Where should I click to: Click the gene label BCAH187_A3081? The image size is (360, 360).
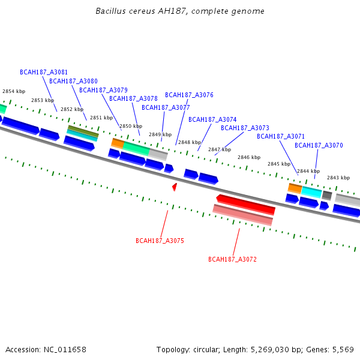coord(44,72)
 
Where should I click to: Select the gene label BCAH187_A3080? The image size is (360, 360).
coord(73,81)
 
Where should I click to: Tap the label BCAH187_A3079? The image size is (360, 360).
coord(103,90)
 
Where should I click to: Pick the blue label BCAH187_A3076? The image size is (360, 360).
coord(189,95)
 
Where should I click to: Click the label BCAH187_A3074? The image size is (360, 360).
coord(212,119)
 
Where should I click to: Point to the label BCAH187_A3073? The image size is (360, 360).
coord(245,128)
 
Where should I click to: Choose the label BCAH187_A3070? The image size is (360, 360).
coord(319,145)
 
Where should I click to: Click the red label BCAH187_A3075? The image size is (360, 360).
coord(160,241)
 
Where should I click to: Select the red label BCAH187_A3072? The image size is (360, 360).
coord(232,259)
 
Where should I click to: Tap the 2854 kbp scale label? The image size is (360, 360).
coord(14,91)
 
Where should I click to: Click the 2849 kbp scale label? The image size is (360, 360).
coord(160,134)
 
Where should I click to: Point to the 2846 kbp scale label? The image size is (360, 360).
coord(248,157)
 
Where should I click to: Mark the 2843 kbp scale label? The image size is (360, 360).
coord(338,178)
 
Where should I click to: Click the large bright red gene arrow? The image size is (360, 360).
coord(246,204)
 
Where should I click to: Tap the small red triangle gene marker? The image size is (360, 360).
coord(175,187)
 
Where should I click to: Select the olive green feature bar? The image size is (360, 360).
coord(83,130)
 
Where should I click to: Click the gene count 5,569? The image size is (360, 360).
coord(343,349)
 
